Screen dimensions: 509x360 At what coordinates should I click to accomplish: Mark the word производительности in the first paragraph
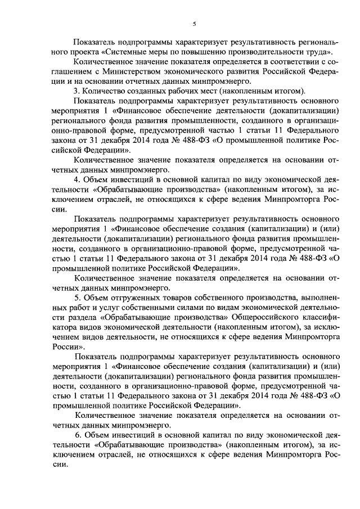click(238, 53)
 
